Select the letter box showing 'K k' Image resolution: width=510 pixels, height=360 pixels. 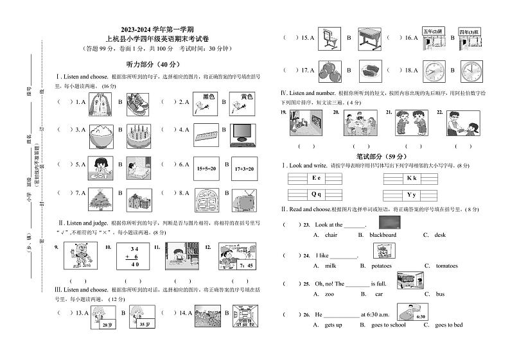click(x=412, y=178)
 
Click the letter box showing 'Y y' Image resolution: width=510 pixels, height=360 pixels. click(x=412, y=194)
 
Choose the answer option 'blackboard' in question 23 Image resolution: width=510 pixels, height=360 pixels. click(x=383, y=235)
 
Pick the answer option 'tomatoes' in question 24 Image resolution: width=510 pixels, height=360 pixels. click(x=447, y=266)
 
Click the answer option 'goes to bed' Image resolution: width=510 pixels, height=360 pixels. click(x=448, y=325)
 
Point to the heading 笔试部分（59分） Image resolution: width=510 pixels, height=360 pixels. click(x=383, y=156)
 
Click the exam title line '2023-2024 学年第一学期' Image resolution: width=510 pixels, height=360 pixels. click(x=156, y=30)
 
